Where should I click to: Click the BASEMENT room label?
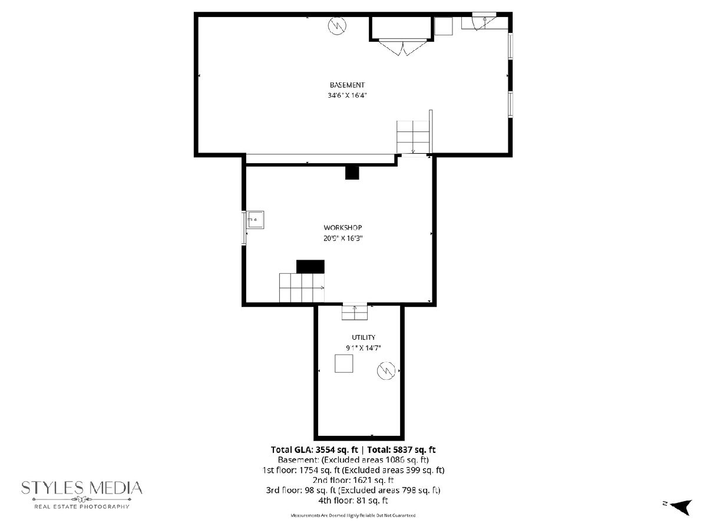click(x=347, y=85)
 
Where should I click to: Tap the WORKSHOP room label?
click(x=343, y=227)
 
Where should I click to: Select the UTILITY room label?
click(x=364, y=337)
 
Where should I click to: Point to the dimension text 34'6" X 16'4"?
click(x=347, y=95)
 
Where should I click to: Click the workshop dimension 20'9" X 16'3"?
click(x=343, y=238)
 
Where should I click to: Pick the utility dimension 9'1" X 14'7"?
click(x=364, y=348)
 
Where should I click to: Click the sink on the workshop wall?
click(x=255, y=220)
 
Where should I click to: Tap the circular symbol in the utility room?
click(x=386, y=370)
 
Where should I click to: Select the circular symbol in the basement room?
click(x=337, y=25)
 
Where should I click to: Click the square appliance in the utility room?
click(x=343, y=363)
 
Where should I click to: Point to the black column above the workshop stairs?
click(x=310, y=266)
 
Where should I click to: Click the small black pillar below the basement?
click(x=352, y=173)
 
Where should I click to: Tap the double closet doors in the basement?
click(x=402, y=47)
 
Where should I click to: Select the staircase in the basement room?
click(x=412, y=137)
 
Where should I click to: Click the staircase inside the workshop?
click(x=302, y=288)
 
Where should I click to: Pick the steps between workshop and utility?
click(x=354, y=312)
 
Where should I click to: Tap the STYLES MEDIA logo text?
click(x=82, y=488)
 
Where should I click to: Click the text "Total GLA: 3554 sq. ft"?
click(x=315, y=449)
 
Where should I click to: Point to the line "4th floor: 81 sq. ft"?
click(x=353, y=501)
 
